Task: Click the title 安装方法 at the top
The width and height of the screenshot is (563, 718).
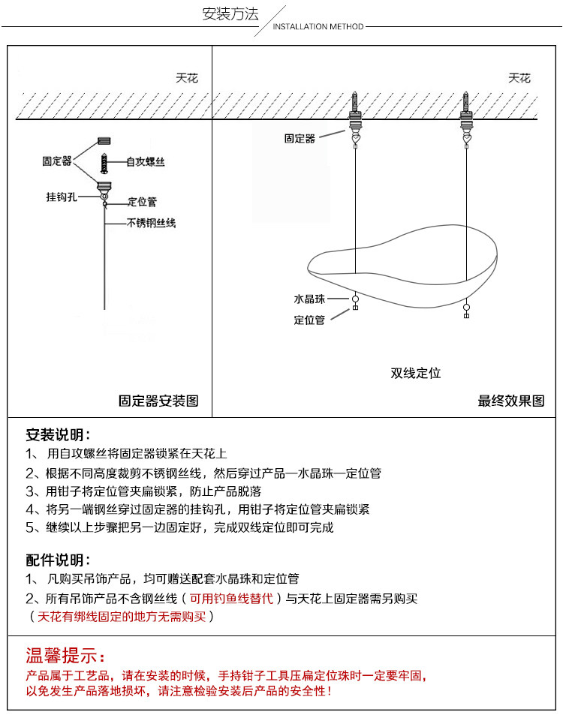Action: (x=230, y=14)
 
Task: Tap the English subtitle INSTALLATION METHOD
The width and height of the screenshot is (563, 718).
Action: (x=318, y=27)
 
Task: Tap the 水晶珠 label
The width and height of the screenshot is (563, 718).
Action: (x=309, y=299)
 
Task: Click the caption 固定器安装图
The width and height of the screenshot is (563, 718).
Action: (x=159, y=401)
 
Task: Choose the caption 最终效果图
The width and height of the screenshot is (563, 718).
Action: (x=511, y=401)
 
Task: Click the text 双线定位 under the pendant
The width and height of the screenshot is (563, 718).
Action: (x=415, y=373)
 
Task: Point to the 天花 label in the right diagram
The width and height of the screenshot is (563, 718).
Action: (x=519, y=78)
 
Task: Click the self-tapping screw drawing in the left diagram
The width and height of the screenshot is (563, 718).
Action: (x=104, y=163)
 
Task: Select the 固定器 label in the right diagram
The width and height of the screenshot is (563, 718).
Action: (x=300, y=138)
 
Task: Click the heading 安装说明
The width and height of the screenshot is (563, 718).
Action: (x=58, y=434)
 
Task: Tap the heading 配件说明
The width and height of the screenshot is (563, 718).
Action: (x=58, y=560)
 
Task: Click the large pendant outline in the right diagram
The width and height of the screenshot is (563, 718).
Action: (x=405, y=263)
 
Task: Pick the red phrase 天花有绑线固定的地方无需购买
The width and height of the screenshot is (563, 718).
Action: (x=122, y=617)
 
